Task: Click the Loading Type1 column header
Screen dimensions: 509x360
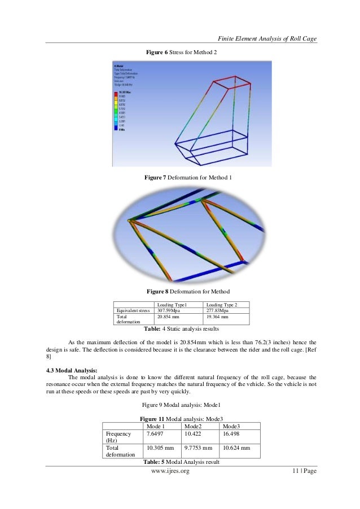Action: (x=172, y=305)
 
